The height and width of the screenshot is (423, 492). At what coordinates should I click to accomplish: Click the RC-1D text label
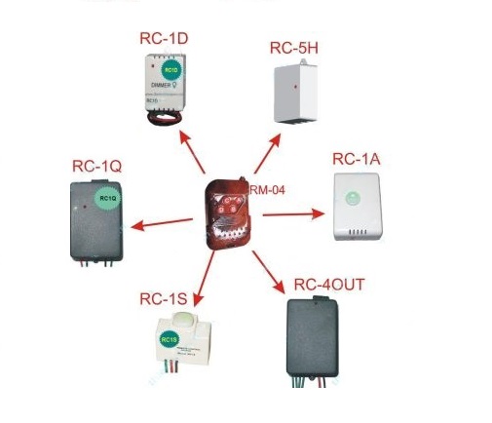[x=164, y=39]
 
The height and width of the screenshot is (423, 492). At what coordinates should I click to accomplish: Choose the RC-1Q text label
[x=96, y=166]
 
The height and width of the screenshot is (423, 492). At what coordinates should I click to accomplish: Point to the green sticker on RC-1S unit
[x=169, y=340]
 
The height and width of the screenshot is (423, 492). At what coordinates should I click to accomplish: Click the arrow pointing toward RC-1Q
[x=160, y=224]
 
